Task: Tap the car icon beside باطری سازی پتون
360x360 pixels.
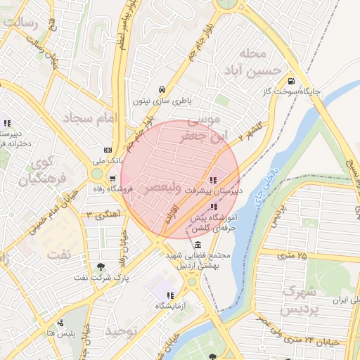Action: (x=162, y=90)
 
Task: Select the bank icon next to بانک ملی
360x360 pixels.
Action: (x=107, y=150)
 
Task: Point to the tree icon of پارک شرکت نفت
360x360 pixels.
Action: (x=101, y=266)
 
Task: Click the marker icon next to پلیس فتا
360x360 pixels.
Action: (x=61, y=324)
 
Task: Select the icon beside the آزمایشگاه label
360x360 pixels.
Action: (x=169, y=295)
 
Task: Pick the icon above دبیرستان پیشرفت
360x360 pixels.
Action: (x=213, y=180)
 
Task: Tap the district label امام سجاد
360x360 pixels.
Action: (x=89, y=119)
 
